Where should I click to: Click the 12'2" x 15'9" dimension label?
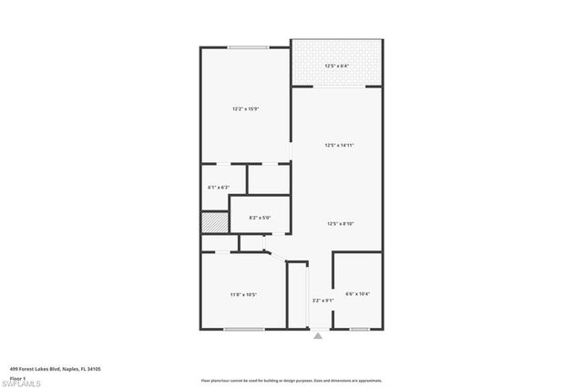(x=246, y=109)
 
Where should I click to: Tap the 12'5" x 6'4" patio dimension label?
(x=338, y=66)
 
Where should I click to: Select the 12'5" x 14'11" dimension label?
(x=339, y=146)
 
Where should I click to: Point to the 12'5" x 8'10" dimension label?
(x=339, y=224)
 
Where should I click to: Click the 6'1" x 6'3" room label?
(x=219, y=188)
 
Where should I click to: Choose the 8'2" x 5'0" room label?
(x=260, y=218)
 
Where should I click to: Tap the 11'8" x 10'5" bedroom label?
(x=243, y=294)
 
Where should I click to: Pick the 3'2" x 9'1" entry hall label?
(x=323, y=301)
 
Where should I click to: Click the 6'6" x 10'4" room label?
(x=357, y=293)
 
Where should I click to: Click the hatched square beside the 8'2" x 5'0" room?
(x=213, y=222)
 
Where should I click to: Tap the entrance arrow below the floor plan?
(x=318, y=335)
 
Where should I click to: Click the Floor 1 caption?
(x=17, y=377)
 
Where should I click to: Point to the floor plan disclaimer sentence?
(x=291, y=380)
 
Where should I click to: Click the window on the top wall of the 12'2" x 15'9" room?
(x=247, y=47)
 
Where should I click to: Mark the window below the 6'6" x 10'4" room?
(x=360, y=328)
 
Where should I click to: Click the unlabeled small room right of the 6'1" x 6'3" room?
(x=270, y=179)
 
